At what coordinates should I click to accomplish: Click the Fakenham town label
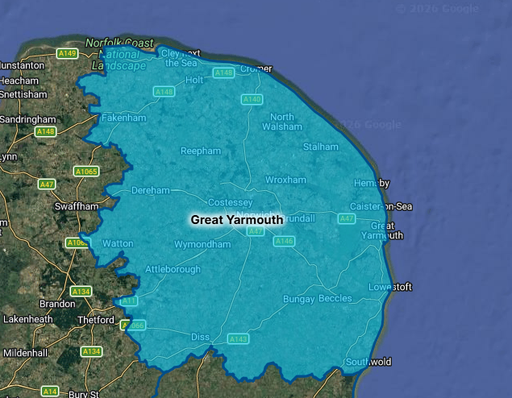click(x=123, y=118)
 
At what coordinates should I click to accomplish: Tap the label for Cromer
click(x=257, y=69)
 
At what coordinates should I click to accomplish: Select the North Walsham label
click(x=286, y=122)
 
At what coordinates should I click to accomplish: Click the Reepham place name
click(x=200, y=151)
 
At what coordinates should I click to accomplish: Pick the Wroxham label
click(x=285, y=180)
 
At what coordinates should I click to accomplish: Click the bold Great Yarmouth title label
click(x=237, y=219)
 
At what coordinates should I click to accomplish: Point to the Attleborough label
click(x=173, y=269)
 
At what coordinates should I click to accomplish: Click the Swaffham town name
click(x=76, y=206)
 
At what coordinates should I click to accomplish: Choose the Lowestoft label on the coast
click(x=390, y=287)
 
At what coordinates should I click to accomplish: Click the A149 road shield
click(x=67, y=53)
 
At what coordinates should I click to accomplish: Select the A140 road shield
click(x=252, y=100)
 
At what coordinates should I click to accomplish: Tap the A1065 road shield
click(x=85, y=172)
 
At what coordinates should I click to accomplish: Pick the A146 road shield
click(x=284, y=241)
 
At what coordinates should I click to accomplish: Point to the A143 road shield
click(x=239, y=339)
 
